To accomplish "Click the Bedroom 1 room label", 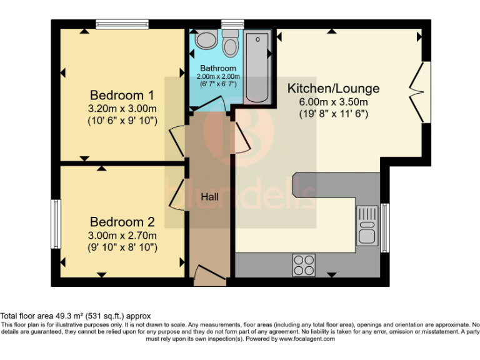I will tap(122, 96).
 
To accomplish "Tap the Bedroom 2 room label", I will tap(122, 222).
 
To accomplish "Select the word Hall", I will tap(209, 197).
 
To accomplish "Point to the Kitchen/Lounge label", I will tap(333, 88).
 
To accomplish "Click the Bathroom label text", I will tap(218, 68).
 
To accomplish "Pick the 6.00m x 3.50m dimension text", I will tap(333, 102).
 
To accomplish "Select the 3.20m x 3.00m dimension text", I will tap(122, 109).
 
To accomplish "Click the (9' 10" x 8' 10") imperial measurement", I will tap(122, 247).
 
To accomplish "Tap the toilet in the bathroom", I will tap(231, 45).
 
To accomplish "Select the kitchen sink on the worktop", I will tap(367, 225).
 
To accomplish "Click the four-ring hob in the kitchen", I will tap(304, 265).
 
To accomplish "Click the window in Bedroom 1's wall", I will tap(122, 24).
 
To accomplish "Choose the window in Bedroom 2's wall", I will tap(55, 224).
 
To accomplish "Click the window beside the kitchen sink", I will tap(384, 224).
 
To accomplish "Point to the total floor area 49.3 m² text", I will tap(75, 316).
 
